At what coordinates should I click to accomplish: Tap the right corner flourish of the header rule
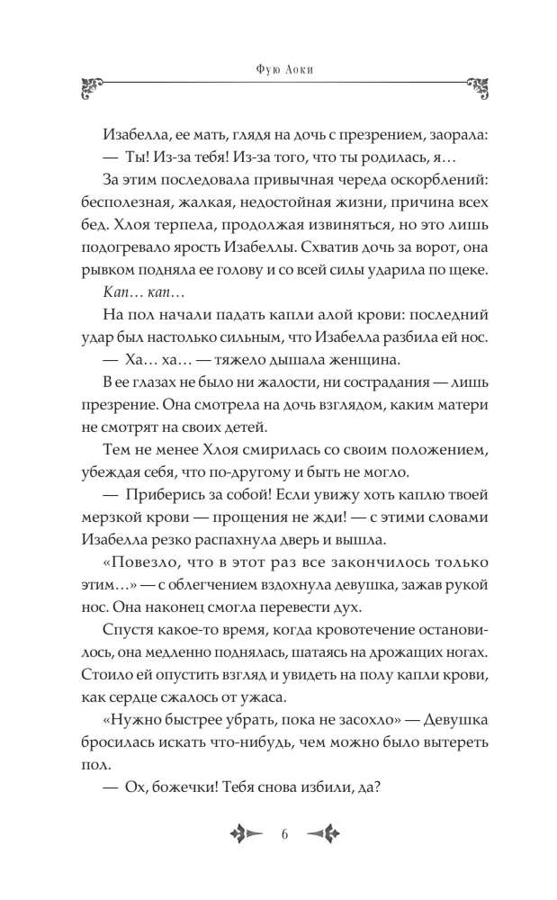(477, 87)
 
